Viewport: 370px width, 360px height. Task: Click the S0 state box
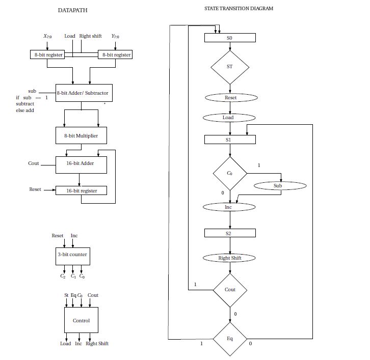point(230,38)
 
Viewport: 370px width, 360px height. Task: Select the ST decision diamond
point(230,67)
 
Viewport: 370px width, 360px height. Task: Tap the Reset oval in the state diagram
point(230,97)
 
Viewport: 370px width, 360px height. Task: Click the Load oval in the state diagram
point(228,118)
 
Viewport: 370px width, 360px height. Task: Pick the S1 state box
point(230,139)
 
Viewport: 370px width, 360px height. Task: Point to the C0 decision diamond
point(230,173)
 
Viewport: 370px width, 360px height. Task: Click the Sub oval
point(277,186)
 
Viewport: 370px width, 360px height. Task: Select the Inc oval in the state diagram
point(228,207)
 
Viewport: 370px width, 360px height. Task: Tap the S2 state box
point(230,233)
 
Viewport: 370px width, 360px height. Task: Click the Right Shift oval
point(230,258)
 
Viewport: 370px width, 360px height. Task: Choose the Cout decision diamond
point(230,290)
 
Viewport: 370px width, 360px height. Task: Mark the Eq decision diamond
point(230,339)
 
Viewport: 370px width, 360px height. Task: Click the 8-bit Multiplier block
point(81,136)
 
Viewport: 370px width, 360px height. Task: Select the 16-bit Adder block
point(81,164)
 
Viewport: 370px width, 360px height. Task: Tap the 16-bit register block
point(81,190)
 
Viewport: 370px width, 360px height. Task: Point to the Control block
point(81,321)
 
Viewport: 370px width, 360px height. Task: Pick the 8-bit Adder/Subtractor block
point(82,93)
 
